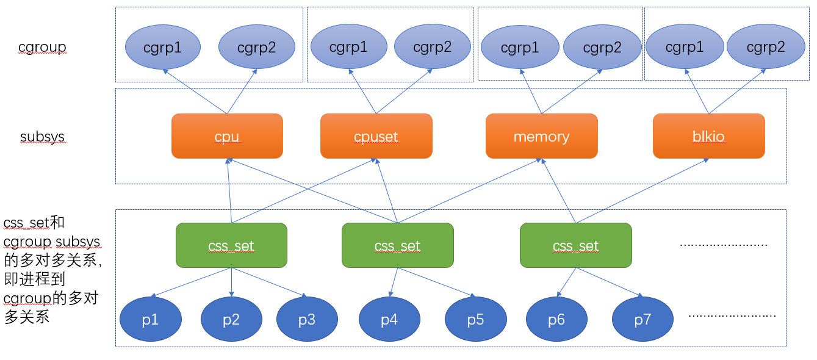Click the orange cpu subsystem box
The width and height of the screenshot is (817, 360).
click(227, 136)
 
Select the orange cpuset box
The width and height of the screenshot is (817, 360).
click(376, 136)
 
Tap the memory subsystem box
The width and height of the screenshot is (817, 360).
click(541, 136)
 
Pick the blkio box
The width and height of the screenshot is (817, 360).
click(708, 136)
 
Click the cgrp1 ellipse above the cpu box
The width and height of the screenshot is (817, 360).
click(163, 47)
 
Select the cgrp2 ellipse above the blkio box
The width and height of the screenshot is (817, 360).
click(765, 47)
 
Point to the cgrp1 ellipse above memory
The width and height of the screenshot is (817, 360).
click(520, 48)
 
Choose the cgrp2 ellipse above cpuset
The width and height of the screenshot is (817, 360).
click(432, 47)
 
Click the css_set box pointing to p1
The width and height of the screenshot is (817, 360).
click(231, 245)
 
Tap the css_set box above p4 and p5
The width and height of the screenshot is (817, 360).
click(397, 245)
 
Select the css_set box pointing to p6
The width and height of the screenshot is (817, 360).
click(575, 245)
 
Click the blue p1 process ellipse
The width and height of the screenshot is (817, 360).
click(150, 319)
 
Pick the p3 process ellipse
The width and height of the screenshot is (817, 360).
click(307, 319)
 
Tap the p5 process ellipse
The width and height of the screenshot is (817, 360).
click(475, 319)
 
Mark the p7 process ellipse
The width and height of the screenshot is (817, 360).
click(642, 319)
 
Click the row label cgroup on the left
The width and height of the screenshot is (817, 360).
click(41, 47)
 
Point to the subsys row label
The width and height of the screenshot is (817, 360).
click(42, 136)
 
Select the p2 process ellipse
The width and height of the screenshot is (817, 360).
click(231, 319)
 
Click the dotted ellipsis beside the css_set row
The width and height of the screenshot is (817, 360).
click(724, 244)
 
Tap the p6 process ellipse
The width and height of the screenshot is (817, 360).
click(556, 319)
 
